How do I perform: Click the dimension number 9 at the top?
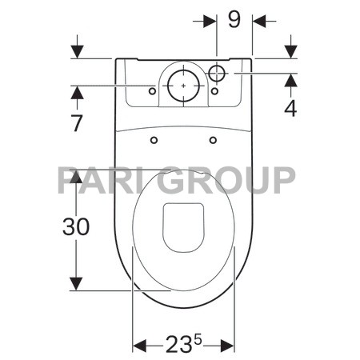point(234,19)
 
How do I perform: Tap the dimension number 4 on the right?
point(290,108)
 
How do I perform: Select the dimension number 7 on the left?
point(77,123)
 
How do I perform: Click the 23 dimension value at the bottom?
point(180,346)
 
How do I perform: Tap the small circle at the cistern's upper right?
point(218,74)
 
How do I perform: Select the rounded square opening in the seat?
point(182,225)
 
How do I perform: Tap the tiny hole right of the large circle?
point(214,91)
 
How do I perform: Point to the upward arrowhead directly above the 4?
point(290,80)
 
